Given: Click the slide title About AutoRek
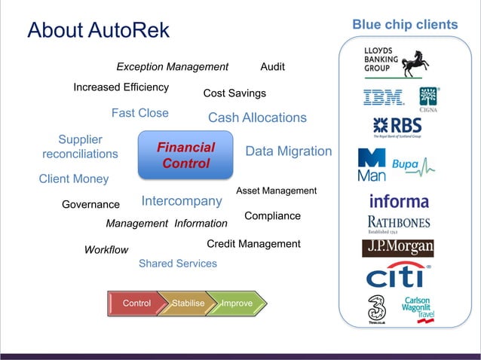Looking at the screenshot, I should coord(99,31).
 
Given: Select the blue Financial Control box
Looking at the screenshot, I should coord(185,155).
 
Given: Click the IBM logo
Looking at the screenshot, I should coord(383,97).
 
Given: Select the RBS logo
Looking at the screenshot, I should coord(397,127).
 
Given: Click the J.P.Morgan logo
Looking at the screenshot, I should coord(400,248).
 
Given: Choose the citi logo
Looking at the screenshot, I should coord(397,276).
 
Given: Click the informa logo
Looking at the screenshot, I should coord(399,201).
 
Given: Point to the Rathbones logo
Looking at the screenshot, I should coord(399,224).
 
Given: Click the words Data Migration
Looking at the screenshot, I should coord(289,151).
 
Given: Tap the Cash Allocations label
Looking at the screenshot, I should coord(257,117).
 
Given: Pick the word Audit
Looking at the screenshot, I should coord(272,67).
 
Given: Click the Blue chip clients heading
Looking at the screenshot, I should coord(405,25).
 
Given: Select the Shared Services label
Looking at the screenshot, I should coord(178,264).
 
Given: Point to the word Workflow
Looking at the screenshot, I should coord(106,250).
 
